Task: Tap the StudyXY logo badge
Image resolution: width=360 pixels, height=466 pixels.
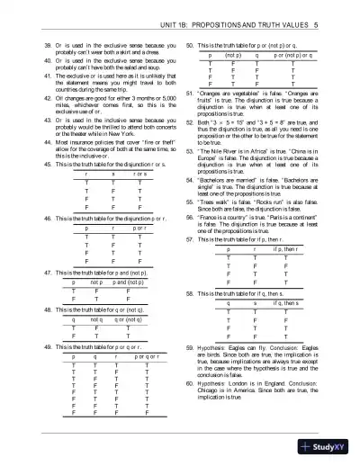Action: [x=328, y=446]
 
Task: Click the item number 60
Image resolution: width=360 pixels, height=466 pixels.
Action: [x=188, y=381]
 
